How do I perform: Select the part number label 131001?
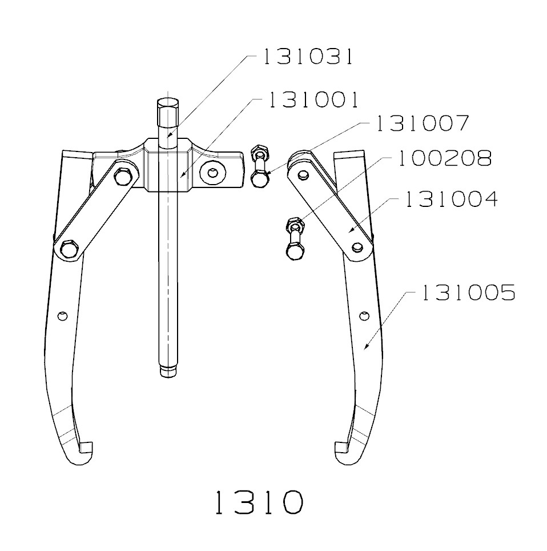tap(313, 100)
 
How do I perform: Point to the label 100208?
tap(443, 158)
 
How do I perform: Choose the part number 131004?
tap(451, 199)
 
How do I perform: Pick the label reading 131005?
tap(468, 293)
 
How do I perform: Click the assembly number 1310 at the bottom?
tap(258, 503)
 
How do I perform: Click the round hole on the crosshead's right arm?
tap(214, 172)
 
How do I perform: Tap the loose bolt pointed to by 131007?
tap(260, 169)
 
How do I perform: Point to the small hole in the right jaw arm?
tap(364, 315)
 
